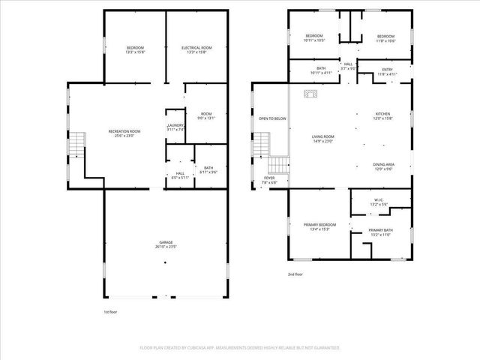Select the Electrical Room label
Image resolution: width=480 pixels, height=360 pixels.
[x=196, y=49]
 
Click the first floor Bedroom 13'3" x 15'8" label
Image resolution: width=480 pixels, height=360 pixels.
[x=135, y=49]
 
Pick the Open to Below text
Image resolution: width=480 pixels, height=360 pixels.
[x=272, y=118]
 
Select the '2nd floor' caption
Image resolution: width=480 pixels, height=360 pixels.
[x=295, y=274]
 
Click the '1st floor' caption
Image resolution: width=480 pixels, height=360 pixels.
[x=111, y=311]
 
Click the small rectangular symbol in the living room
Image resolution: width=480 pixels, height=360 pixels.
[x=309, y=94]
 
